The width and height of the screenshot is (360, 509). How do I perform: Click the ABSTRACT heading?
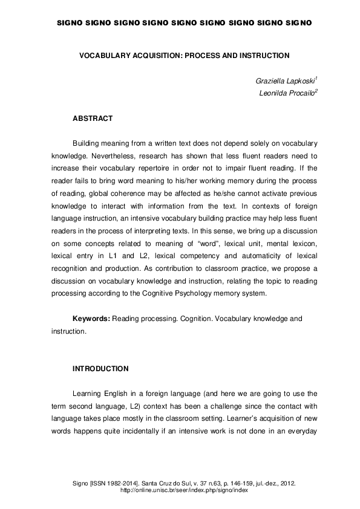(x=93, y=118)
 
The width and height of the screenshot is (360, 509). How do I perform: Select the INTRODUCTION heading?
(x=100, y=368)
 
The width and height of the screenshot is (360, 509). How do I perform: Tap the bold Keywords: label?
(x=91, y=318)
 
